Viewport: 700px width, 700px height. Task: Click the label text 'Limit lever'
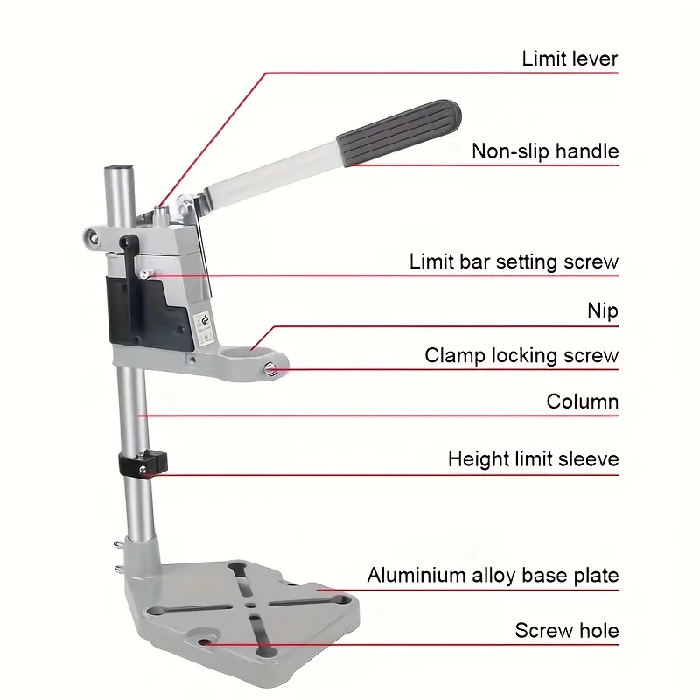[570, 59]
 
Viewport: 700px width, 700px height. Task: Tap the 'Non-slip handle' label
[544, 151]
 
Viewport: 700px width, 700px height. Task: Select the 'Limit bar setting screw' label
[514, 262]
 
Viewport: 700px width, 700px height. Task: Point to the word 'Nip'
[602, 311]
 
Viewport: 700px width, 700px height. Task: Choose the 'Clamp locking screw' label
[521, 356]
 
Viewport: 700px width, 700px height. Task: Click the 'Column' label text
[582, 402]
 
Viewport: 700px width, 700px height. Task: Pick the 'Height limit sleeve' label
[533, 459]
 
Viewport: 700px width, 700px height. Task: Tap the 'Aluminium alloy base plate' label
[493, 576]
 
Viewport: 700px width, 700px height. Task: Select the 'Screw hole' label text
[566, 631]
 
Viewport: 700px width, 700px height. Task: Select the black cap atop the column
[121, 166]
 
